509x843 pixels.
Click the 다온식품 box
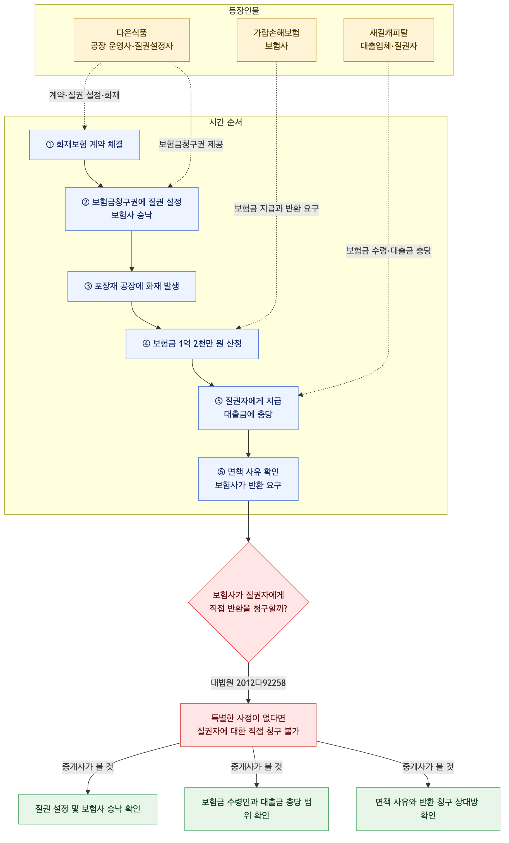tap(131, 40)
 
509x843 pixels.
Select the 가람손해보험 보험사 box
tap(276, 40)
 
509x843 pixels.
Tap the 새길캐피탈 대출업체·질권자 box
tap(388, 40)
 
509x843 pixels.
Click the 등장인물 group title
tap(244, 11)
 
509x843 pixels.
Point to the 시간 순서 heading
tap(225, 122)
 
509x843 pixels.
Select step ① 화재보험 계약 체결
tap(85, 145)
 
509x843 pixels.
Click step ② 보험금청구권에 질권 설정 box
tap(132, 209)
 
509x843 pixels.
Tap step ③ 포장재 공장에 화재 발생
tap(132, 286)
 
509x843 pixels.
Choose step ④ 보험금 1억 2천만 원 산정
tap(192, 344)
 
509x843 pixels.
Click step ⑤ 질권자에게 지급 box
tap(248, 408)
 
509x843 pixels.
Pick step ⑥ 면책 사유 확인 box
tap(248, 479)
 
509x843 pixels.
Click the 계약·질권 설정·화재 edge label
tap(85, 95)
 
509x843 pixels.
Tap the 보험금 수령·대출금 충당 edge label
tap(388, 251)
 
